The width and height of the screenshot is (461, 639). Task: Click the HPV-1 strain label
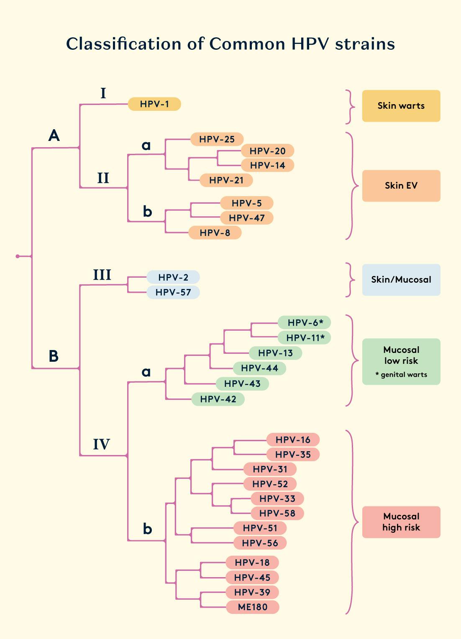pos(154,104)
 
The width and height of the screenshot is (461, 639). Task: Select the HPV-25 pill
pos(217,139)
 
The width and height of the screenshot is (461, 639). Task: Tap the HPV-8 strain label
pos(215,233)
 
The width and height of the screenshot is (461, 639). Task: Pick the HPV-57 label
pos(173,292)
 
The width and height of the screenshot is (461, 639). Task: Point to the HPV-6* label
pos(305,322)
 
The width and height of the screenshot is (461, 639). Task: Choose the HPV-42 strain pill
pos(218,399)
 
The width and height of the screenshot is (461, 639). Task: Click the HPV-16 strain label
pos(293,440)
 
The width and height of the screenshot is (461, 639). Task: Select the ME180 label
pos(253,607)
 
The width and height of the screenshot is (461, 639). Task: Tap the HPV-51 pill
pos(260,528)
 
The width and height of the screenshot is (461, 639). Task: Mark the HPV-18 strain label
pos(252,562)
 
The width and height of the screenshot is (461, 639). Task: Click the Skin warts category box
pos(401,106)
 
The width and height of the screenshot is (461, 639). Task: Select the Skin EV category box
pos(401,186)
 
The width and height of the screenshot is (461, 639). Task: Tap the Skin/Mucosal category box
pos(401,280)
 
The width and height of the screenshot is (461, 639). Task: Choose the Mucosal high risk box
pos(401,522)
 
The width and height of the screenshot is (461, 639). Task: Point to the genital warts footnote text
pos(402,375)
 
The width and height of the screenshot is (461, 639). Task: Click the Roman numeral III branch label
pos(102,275)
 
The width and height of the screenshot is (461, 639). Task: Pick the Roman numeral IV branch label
pos(101,444)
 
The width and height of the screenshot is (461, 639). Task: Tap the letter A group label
pos(54,135)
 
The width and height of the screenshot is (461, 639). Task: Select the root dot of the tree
pos(18,256)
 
